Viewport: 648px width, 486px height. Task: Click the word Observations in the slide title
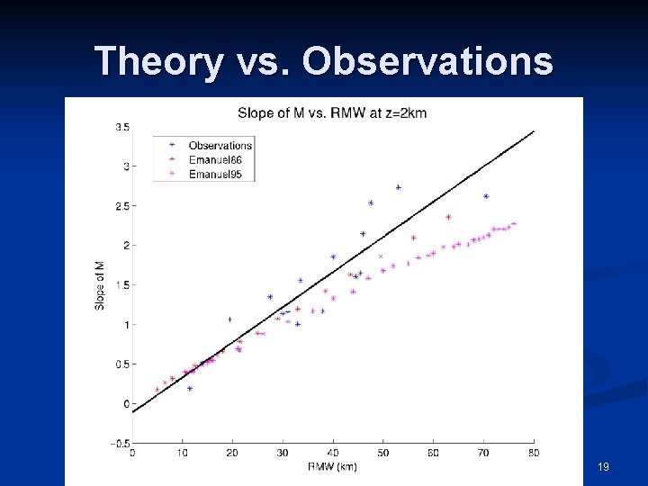[x=427, y=61]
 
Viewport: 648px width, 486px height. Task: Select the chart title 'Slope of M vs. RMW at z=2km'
[x=331, y=112]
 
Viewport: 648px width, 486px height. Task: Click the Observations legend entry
[x=220, y=145]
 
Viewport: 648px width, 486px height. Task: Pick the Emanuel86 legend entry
[x=215, y=159]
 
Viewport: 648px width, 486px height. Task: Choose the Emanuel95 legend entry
[x=215, y=174]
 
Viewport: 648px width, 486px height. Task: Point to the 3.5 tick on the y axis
[x=121, y=127]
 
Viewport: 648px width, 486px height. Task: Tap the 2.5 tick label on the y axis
[x=121, y=205]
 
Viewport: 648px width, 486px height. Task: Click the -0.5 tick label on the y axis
[x=119, y=443]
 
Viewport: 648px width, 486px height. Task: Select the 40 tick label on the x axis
[x=333, y=453]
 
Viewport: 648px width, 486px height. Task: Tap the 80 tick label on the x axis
[x=534, y=453]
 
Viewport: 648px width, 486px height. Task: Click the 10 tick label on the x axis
[x=183, y=453]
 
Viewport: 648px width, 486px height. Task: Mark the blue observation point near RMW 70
[x=486, y=196]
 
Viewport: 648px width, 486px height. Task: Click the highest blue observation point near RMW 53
[x=398, y=187]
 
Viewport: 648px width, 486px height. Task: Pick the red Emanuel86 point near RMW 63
[x=448, y=217]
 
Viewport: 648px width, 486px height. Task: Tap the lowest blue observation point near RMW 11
[x=189, y=389]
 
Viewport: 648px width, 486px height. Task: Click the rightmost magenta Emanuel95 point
[x=514, y=224]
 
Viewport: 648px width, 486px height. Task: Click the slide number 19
[x=603, y=466]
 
